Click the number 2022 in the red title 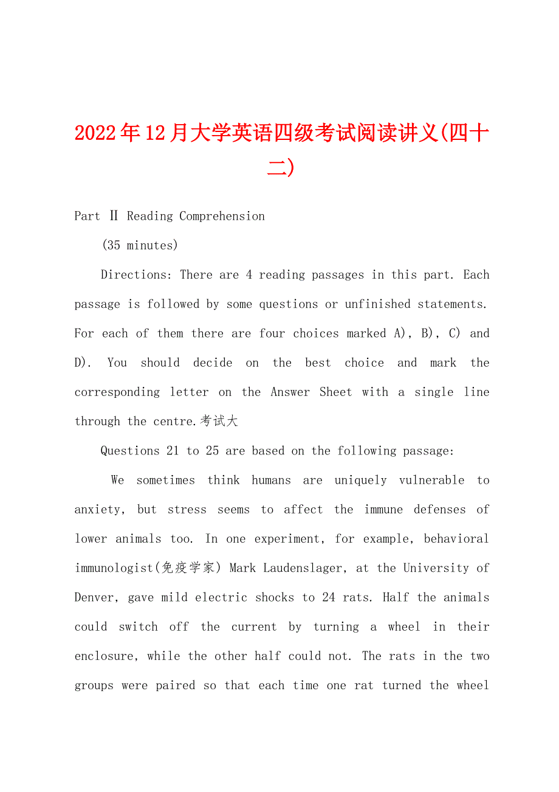coord(97,133)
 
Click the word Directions coord(136,274)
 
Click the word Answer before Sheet coord(290,392)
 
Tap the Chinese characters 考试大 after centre coord(219,421)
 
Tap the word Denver coord(97,597)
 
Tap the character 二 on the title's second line coord(277,167)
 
